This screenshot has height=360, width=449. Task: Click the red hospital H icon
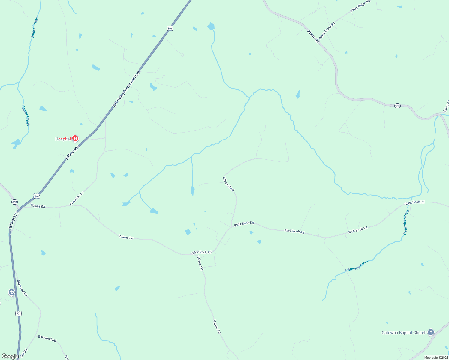click(75, 138)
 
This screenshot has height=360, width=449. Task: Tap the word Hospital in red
click(63, 139)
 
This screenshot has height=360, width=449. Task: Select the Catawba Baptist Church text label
click(404, 333)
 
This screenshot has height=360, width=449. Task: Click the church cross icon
click(431, 332)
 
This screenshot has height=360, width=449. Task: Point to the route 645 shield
click(397, 106)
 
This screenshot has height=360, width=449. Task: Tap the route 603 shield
click(14, 202)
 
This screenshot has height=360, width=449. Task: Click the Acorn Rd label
click(313, 37)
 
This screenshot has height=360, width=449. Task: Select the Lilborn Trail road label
click(228, 184)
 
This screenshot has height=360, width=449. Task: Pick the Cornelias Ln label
click(77, 198)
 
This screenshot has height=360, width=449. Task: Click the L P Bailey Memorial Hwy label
click(127, 89)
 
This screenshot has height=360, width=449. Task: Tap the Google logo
click(10, 356)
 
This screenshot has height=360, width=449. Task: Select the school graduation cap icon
click(12, 292)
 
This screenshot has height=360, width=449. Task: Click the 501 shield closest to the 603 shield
click(37, 196)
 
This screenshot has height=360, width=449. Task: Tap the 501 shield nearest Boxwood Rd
click(18, 313)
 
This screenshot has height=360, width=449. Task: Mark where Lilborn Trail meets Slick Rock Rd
click(232, 226)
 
